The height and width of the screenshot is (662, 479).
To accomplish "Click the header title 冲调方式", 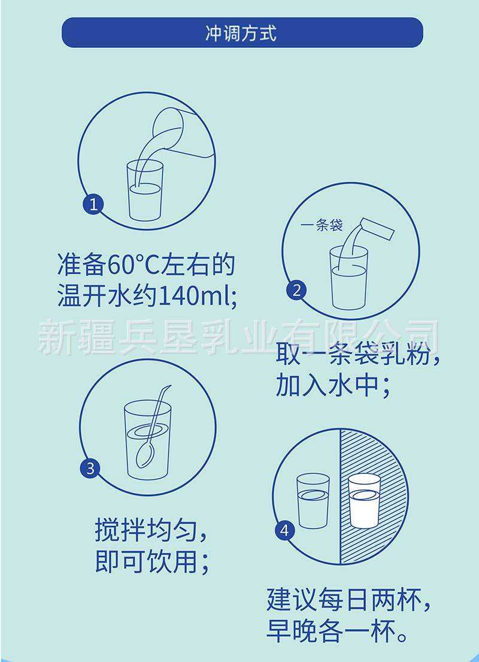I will (241, 33).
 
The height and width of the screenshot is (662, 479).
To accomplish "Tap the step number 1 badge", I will (93, 204).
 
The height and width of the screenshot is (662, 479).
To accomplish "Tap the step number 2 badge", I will (296, 291).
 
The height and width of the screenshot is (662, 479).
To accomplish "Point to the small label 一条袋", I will (322, 226).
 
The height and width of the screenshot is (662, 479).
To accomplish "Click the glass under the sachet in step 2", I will (348, 279).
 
